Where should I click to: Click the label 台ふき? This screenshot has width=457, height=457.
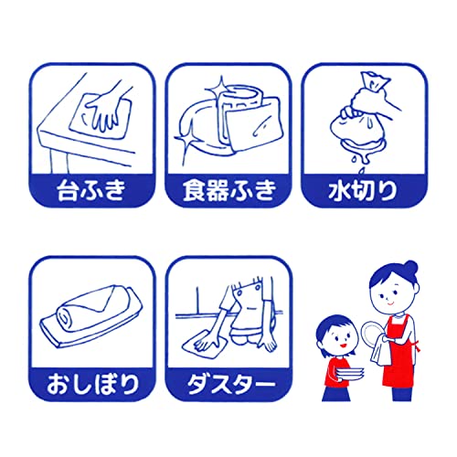click(91, 190)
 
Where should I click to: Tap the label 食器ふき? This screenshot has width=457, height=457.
click(229, 190)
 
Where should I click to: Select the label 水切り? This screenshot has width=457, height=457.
click(363, 190)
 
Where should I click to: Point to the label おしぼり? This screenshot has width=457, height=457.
click(92, 384)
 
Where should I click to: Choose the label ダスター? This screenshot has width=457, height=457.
click(230, 384)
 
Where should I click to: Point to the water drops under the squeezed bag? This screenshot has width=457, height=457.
click(359, 163)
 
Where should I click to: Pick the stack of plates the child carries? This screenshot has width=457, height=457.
click(350, 373)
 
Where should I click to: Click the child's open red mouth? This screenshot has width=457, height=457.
click(343, 345)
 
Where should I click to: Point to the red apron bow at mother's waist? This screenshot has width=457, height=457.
click(417, 345)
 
